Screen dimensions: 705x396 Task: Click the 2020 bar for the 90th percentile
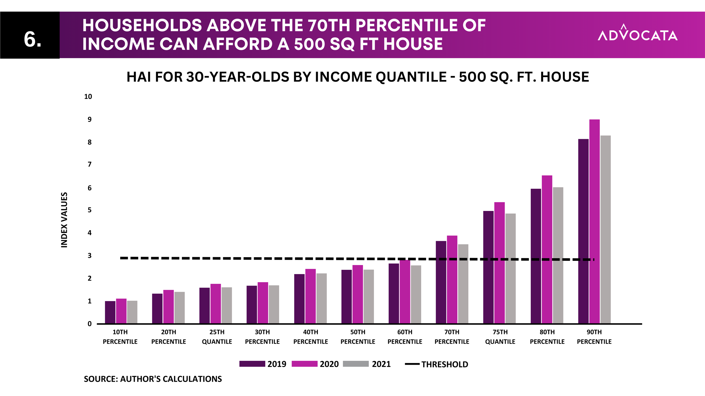click(594, 221)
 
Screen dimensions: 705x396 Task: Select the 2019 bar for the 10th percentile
click(110, 312)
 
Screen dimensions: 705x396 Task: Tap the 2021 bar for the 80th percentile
click(558, 255)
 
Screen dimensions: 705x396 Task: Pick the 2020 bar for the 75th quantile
click(499, 263)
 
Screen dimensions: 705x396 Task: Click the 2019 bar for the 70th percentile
click(441, 282)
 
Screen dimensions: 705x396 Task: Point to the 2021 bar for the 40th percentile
click(321, 299)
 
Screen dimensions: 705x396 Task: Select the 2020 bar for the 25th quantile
click(216, 304)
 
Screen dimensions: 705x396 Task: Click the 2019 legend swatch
click(252, 364)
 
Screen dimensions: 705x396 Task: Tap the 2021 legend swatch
click(356, 364)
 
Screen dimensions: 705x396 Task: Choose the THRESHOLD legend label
click(445, 364)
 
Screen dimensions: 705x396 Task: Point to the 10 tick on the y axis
click(88, 97)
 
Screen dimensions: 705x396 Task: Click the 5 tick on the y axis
click(90, 210)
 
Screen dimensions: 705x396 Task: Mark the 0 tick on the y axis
click(90, 324)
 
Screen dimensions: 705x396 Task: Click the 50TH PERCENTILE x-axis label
click(358, 337)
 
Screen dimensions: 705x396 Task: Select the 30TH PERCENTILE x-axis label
click(262, 337)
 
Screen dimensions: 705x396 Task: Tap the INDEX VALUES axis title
click(64, 220)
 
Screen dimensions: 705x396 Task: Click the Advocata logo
click(638, 32)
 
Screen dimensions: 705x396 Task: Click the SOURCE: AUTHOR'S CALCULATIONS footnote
click(153, 379)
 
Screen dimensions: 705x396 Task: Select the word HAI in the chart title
click(138, 77)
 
